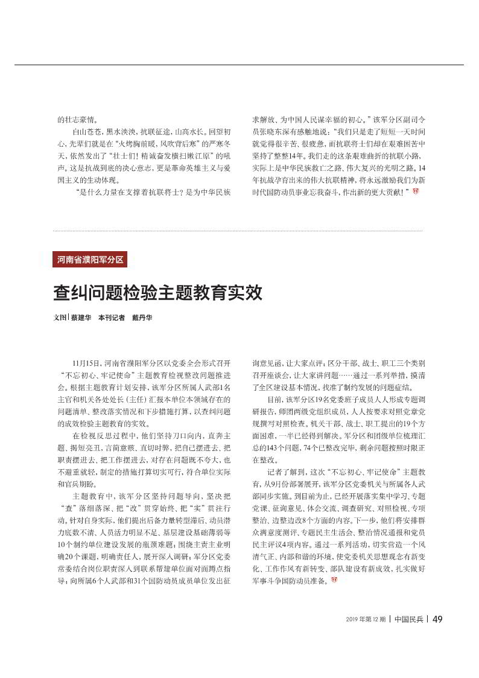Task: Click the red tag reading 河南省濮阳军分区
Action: (90, 260)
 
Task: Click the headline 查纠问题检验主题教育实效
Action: (158, 293)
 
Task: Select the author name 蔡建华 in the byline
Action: (81, 318)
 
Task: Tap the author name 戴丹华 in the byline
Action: (142, 318)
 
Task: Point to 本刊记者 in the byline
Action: (112, 318)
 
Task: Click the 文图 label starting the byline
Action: (60, 318)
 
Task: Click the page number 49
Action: (439, 619)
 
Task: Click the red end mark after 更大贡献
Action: (415, 191)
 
